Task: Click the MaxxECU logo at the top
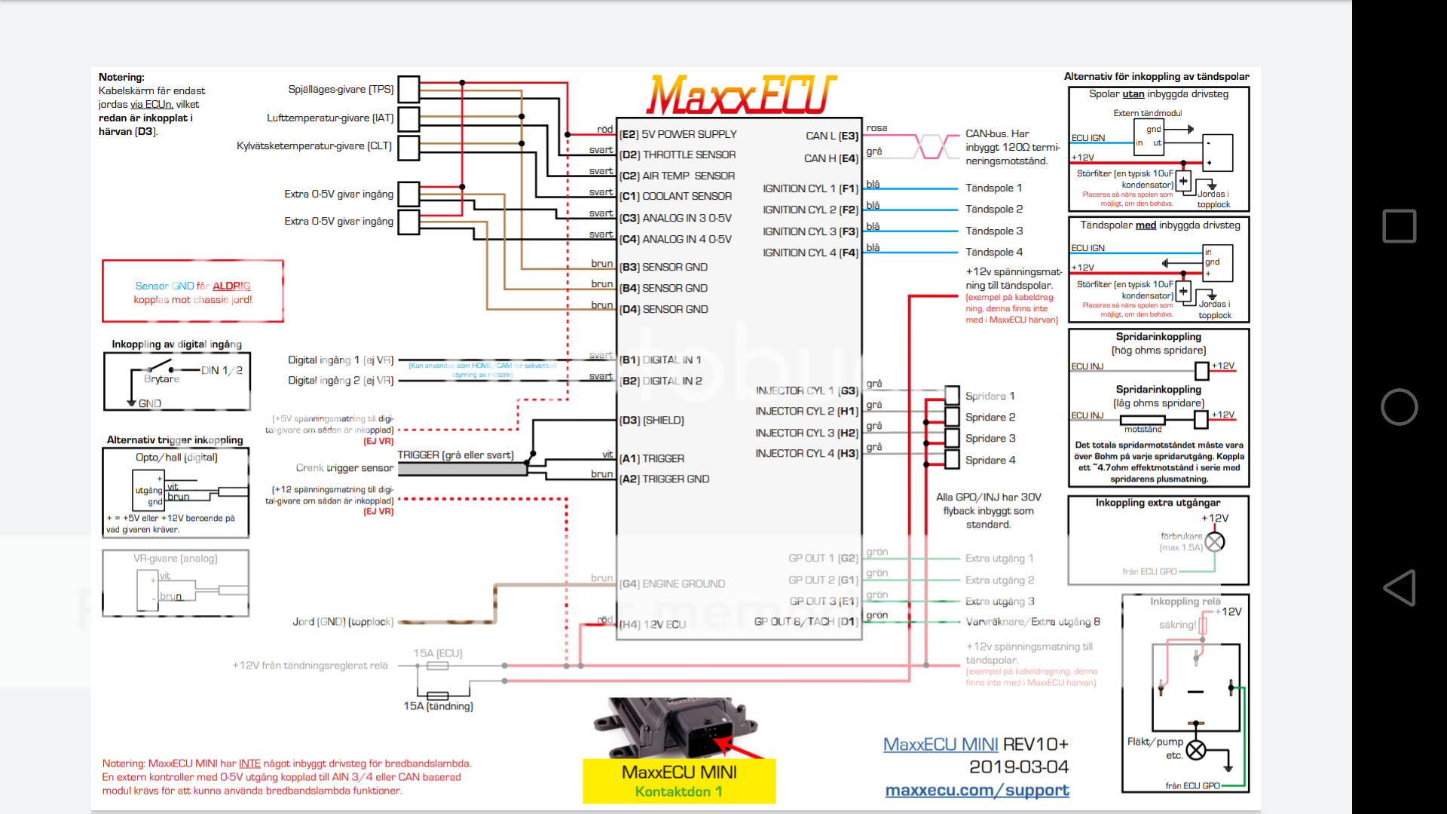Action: [x=742, y=95]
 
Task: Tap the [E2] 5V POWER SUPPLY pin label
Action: [x=678, y=134]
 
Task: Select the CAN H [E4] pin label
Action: [x=831, y=158]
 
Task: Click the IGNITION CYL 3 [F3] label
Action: [x=810, y=231]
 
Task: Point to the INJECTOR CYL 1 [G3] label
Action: [x=806, y=390]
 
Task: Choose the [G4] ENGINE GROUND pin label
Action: [x=672, y=584]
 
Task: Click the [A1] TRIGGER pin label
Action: [x=652, y=458]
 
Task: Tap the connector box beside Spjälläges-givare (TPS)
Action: [x=408, y=89]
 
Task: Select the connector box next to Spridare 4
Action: [x=952, y=459]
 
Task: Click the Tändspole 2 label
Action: [x=994, y=210]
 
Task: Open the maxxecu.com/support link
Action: [x=977, y=790]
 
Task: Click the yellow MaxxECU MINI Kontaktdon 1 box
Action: [x=678, y=781]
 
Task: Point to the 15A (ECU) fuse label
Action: [x=437, y=653]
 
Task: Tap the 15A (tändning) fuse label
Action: [x=438, y=706]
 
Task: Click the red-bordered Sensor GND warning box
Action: [x=193, y=292]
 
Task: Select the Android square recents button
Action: [x=1399, y=226]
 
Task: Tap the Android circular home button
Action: [x=1399, y=407]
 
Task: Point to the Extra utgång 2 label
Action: [x=999, y=580]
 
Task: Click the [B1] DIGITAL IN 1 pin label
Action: [x=660, y=360]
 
